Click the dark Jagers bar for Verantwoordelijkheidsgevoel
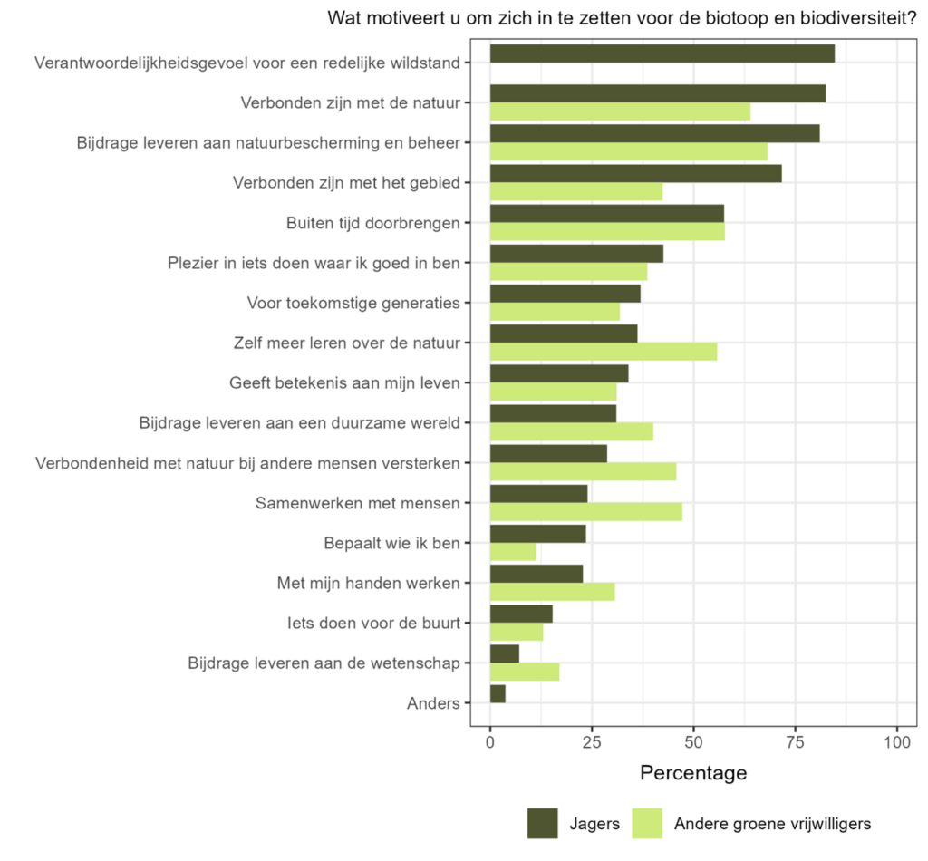662,53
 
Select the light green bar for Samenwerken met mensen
585,512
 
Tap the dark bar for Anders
498,693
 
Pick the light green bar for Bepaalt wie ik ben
513,552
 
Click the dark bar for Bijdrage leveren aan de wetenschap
505,653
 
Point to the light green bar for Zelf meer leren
603,352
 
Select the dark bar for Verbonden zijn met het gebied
635,173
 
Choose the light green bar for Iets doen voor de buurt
517,632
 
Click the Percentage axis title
693,773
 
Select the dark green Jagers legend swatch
542,823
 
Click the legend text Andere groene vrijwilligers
772,824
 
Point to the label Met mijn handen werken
368,583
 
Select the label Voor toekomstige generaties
353,303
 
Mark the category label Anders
433,703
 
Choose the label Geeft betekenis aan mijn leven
345,382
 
